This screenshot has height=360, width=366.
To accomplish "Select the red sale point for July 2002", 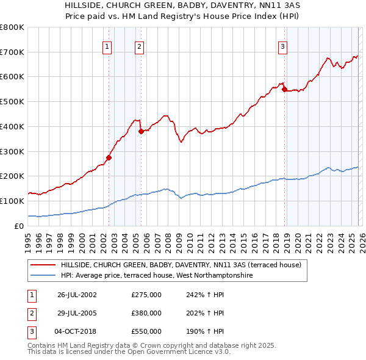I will coord(109,157).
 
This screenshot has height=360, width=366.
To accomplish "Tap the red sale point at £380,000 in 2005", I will coord(141,131).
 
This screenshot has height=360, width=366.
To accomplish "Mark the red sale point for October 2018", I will coord(284,89).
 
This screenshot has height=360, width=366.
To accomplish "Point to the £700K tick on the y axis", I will coord(12,52).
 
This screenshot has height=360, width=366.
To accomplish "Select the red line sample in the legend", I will coord(43,265).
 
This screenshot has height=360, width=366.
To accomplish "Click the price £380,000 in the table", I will coord(146,313).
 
